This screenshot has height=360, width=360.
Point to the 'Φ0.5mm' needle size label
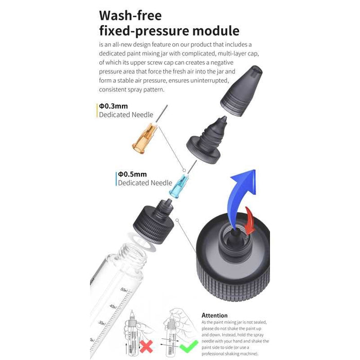(x=132, y=174)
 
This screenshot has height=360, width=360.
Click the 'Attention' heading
(x=214, y=315)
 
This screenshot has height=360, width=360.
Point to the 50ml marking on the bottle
(x=123, y=290)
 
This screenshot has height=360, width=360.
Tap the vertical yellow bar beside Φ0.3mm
(x=97, y=111)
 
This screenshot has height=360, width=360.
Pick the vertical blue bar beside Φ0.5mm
(x=116, y=178)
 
